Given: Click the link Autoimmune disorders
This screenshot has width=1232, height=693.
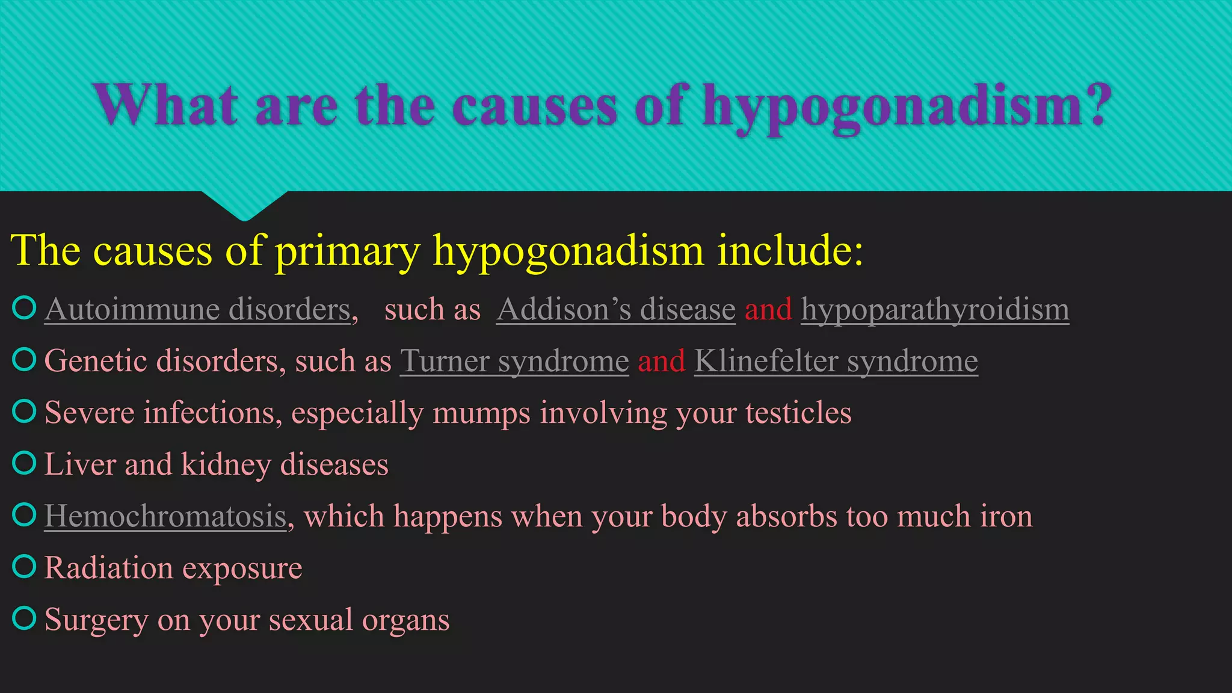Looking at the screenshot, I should pyautogui.click(x=198, y=310).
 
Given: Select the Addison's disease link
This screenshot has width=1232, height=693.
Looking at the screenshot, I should pyautogui.click(x=615, y=310).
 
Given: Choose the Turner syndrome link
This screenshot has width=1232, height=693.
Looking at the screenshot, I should pyautogui.click(x=514, y=362).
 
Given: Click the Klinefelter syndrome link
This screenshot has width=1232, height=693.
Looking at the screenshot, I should pyautogui.click(x=836, y=362).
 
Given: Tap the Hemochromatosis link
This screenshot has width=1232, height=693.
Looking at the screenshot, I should pyautogui.click(x=165, y=517).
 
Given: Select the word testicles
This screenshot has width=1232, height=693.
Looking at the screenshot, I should pyautogui.click(x=798, y=413).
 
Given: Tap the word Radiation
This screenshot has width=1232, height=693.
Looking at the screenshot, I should pyautogui.click(x=108, y=568).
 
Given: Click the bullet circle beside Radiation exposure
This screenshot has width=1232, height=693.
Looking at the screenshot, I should pyautogui.click(x=25, y=566).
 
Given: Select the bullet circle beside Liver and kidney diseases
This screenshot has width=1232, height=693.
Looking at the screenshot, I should pyautogui.click(x=25, y=463).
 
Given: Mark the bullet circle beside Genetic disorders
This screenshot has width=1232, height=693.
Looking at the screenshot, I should pyautogui.click(x=25, y=359).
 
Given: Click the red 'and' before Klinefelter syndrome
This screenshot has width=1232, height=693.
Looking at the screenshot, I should pyautogui.click(x=661, y=362).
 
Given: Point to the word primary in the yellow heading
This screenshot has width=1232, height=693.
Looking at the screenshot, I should pyautogui.click(x=347, y=251).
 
